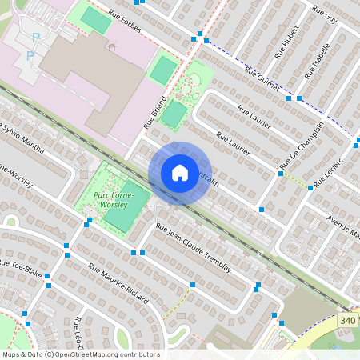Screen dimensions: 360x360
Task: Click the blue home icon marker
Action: (x=179, y=173)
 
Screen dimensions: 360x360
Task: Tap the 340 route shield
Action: (x=347, y=321)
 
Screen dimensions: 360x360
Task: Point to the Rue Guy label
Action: (x=325, y=17)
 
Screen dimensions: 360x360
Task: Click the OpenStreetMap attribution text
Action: (x=80, y=354)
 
